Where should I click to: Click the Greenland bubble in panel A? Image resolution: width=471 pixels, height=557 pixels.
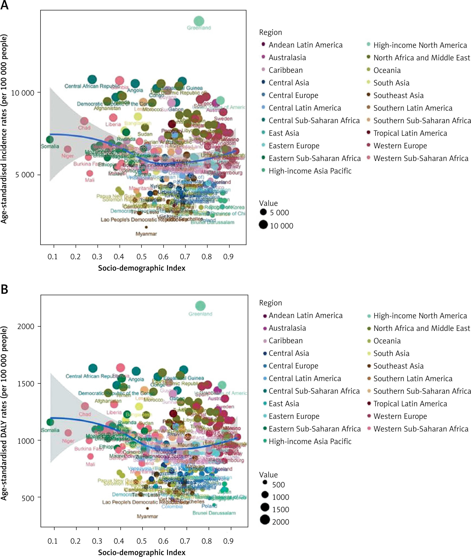[x=199, y=21]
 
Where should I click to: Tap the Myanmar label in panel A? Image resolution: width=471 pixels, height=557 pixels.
[x=146, y=234]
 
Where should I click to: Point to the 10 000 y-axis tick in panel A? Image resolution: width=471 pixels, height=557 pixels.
[x=23, y=93]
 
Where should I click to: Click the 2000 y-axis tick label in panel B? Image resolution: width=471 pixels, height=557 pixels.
[x=26, y=326]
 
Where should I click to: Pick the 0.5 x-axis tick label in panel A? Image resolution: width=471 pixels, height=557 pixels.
[x=141, y=257]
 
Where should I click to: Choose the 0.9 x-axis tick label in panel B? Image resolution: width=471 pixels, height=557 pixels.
[x=228, y=541]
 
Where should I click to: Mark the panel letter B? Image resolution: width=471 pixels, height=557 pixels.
[x=5, y=289]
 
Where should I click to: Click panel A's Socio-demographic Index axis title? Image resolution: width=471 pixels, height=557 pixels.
[x=141, y=268]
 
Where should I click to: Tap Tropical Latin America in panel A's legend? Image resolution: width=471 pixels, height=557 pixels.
[x=410, y=133]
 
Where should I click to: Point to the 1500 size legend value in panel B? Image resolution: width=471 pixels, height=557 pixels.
[x=281, y=510]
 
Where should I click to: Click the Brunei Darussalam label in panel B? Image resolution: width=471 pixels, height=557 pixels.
[x=214, y=513]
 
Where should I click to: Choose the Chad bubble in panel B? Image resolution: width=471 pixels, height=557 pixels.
[x=85, y=406]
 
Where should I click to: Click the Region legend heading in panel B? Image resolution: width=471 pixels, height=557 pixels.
[x=270, y=303]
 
